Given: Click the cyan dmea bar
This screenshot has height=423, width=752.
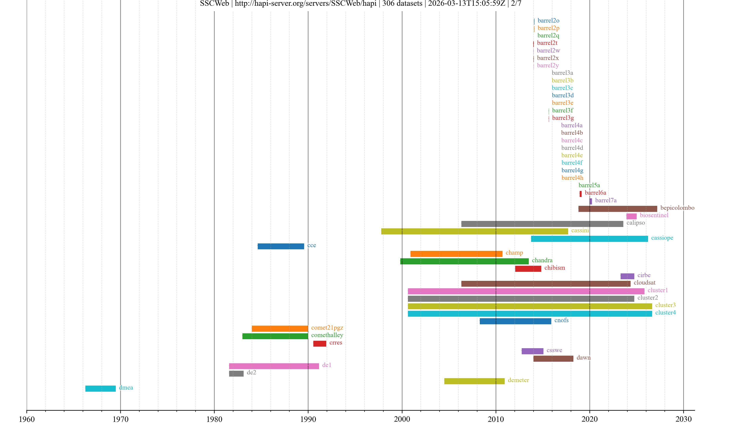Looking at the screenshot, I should pos(100,389).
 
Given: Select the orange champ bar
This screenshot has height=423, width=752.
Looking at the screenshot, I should pos(456,254).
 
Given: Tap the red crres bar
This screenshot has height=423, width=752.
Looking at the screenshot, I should pos(320,344).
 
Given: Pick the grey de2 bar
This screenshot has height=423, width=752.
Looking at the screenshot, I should pos(236,374).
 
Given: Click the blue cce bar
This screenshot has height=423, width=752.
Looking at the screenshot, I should pos(281,246).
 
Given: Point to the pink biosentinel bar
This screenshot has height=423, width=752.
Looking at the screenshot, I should pos(631,216).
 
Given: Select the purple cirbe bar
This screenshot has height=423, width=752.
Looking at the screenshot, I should pos(627,276).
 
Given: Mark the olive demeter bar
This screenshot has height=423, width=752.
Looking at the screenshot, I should pos(474,381).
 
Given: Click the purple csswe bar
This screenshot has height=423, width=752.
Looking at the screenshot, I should pos(532,351).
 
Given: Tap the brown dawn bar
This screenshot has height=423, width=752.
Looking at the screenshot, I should pos(553,359).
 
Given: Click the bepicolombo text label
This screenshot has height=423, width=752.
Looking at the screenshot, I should pos(677,208).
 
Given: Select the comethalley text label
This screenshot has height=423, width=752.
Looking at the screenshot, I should pos(327,335).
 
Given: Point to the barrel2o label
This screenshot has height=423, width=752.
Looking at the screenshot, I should pos(548,20).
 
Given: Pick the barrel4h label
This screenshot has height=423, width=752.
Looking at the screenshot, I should pos(572,178).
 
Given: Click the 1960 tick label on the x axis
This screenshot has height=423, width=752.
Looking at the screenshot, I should pos(27,419).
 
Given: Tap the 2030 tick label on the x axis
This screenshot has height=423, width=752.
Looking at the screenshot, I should pos(683,419).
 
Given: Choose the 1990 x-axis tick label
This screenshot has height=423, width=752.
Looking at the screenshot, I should pos(308,419).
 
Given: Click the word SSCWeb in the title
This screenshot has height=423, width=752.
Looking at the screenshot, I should pos(214,4).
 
